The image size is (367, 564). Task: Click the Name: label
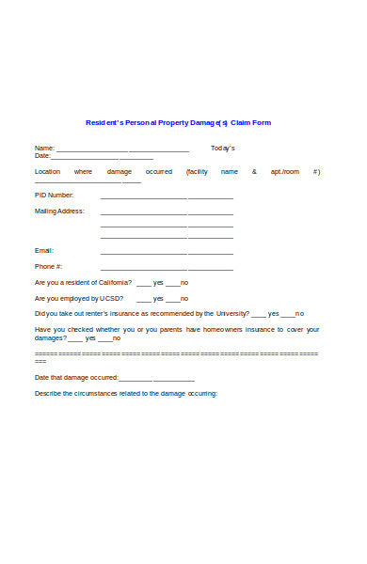tap(44, 149)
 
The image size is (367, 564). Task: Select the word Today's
tap(223, 149)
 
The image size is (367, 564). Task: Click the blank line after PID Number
tap(167, 198)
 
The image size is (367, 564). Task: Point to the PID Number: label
tap(54, 195)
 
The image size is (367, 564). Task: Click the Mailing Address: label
tap(59, 211)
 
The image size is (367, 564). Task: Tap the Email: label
tap(44, 251)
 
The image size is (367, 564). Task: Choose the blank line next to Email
tap(167, 254)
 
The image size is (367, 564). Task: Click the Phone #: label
tap(49, 267)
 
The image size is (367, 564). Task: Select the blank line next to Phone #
tap(167, 270)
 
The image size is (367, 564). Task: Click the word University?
tap(233, 314)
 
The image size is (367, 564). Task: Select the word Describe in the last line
tap(48, 393)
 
